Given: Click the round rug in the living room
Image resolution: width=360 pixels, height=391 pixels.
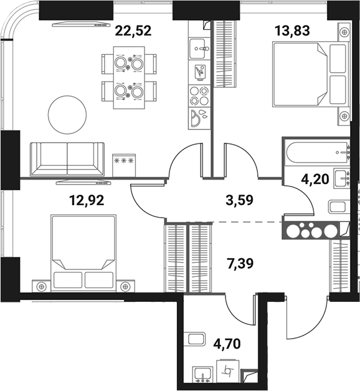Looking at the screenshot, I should [68, 113].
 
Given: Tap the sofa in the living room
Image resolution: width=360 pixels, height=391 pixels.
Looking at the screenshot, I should [67, 158].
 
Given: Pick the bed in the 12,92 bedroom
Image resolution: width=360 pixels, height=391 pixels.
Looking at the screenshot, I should [83, 249].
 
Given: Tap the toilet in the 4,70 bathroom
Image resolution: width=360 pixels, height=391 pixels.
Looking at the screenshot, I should [196, 340].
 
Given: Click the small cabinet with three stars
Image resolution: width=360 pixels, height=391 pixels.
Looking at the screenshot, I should [123, 160].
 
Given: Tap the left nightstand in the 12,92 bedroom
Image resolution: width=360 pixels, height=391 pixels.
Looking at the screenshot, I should [42, 286].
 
